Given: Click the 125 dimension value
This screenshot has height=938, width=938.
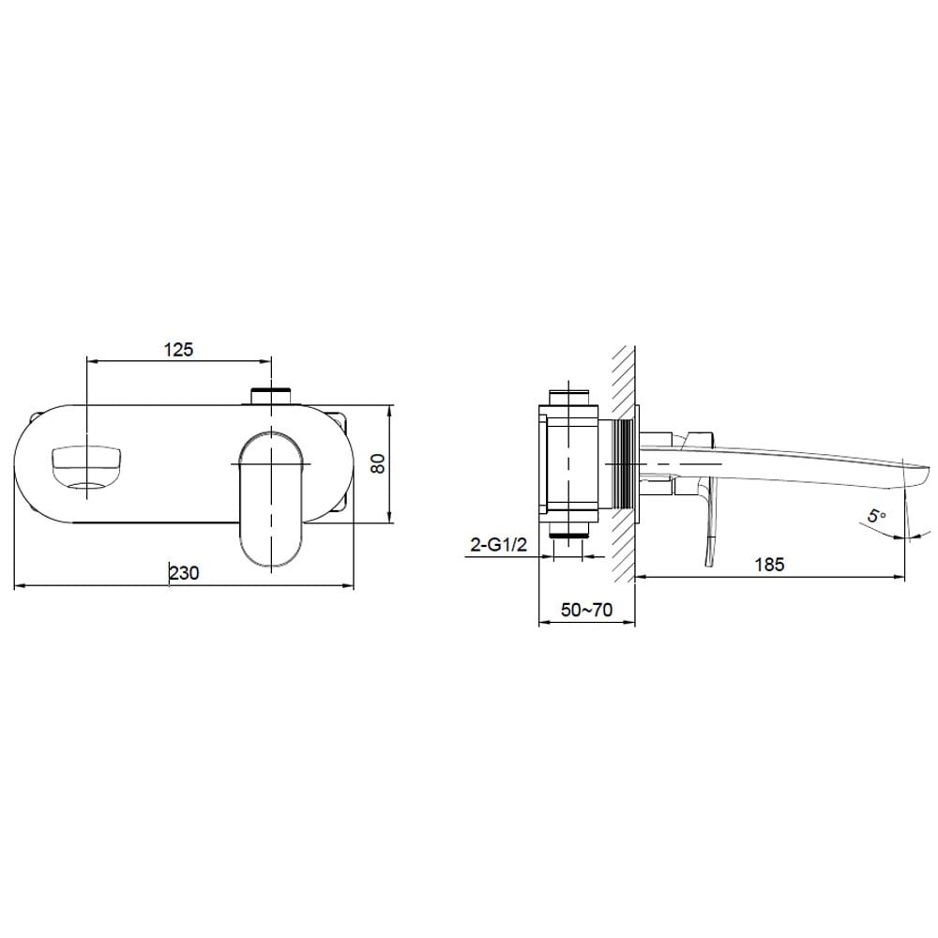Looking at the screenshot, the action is point(179,349).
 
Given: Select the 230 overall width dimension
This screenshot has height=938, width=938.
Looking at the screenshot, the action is point(184,572).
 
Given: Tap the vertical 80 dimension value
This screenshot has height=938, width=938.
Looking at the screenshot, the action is point(378,463).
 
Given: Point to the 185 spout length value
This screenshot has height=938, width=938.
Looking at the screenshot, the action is point(769,564).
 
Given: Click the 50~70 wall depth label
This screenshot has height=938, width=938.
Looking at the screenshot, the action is point(587,610).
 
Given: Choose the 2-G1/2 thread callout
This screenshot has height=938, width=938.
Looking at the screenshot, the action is point(499,545).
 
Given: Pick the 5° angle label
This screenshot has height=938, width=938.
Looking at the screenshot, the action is point(877,515).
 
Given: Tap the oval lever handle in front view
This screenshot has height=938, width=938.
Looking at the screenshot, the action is point(272,499).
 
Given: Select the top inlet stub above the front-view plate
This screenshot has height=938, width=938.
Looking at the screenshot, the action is point(271,397).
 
